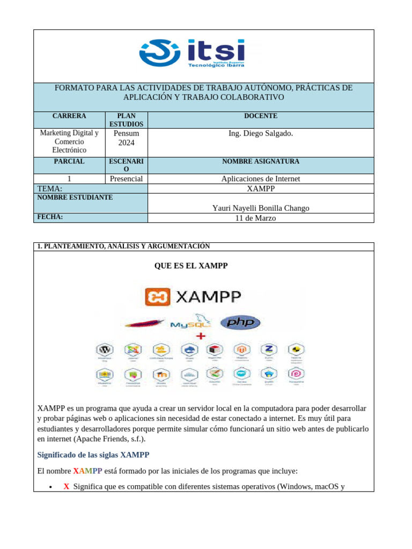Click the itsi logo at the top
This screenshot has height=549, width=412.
192,53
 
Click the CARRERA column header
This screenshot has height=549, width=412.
69,116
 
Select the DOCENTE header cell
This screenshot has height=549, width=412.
260,116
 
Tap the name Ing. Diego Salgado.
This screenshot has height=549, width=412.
260,133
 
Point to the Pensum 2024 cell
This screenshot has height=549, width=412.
126,138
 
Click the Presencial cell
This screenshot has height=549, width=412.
126,179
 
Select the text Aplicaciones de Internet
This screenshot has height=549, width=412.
260,179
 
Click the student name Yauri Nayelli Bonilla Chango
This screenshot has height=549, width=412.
260,208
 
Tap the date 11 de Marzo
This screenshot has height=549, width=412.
260,218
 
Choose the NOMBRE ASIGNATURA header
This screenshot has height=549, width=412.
260,161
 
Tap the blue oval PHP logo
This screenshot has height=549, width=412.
243,322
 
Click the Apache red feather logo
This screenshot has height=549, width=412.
144,323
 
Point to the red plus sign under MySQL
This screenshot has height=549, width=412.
201,336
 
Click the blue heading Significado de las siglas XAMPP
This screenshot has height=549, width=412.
93,455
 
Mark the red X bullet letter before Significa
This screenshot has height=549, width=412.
67,487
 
